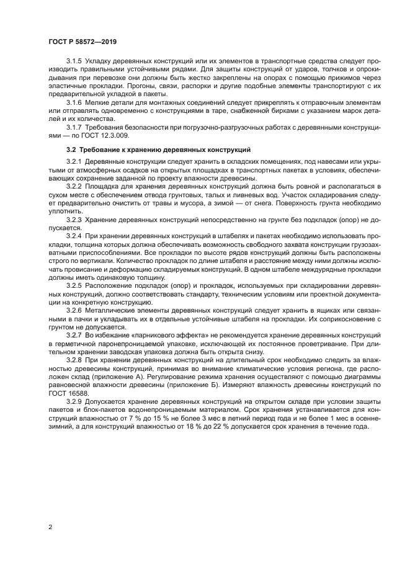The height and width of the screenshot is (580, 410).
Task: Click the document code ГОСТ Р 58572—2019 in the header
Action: (82, 42)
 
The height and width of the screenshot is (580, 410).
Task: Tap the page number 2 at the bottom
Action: (49, 527)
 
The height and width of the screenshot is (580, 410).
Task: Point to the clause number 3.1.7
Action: (74, 126)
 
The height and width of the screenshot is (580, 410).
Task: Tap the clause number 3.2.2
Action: (74, 186)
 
